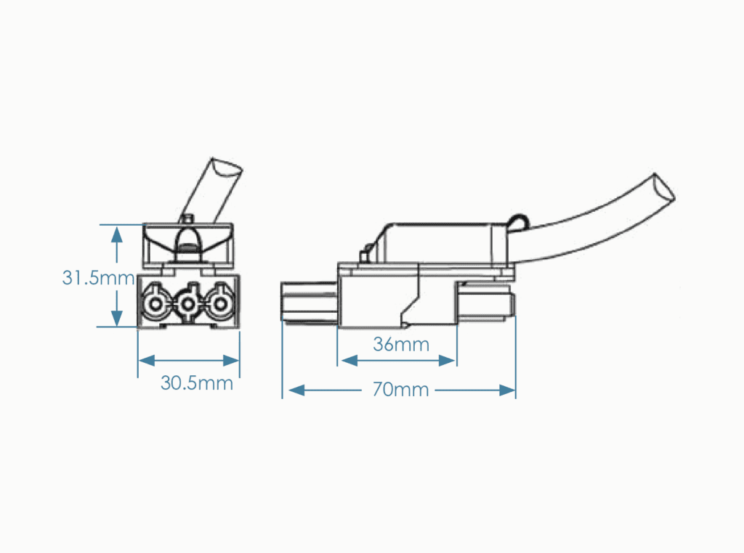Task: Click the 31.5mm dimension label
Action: (x=98, y=278)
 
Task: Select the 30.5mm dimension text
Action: (x=197, y=383)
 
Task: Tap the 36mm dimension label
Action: (x=401, y=345)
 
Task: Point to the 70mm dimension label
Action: (x=400, y=390)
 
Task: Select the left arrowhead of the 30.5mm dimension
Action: (x=147, y=361)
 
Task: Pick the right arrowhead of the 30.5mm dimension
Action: (x=231, y=361)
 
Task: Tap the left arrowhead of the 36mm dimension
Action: (x=349, y=361)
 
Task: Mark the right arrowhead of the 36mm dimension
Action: (x=447, y=361)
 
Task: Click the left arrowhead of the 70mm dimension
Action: (x=296, y=390)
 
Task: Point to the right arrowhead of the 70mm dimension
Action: (x=507, y=390)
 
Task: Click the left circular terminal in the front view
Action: (x=155, y=304)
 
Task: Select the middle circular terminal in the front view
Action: (x=188, y=304)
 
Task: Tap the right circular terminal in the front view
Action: (x=220, y=304)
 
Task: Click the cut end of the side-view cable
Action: (x=664, y=189)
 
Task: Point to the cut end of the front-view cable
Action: (x=227, y=167)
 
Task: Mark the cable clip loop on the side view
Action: (x=518, y=222)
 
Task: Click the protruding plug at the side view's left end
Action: (x=310, y=302)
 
